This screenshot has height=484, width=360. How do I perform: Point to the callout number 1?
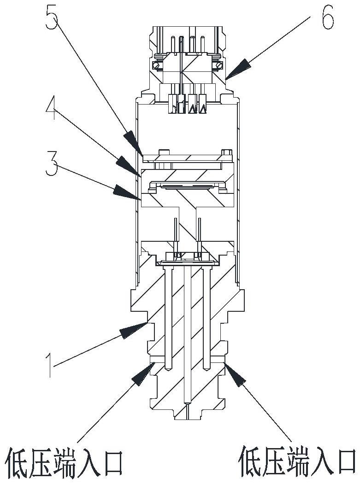tap(49, 366)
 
